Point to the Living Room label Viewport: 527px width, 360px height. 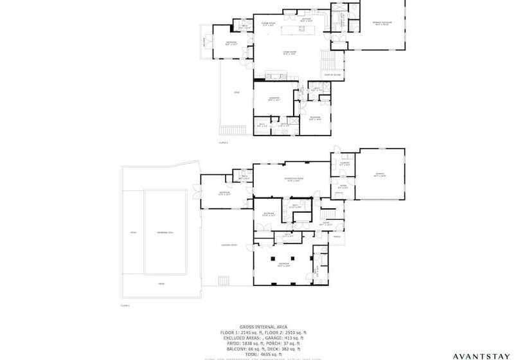click(x=289, y=53)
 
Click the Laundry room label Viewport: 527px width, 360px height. click(x=344, y=164)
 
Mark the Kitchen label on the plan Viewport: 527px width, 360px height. click(x=307, y=20)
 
